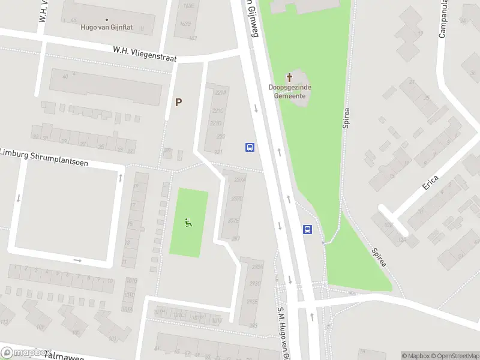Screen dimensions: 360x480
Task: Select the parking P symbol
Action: (x=178, y=103)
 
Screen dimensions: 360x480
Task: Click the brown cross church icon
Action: (x=289, y=77)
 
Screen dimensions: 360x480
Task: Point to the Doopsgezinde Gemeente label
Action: (x=289, y=91)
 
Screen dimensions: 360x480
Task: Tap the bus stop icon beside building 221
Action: (x=250, y=147)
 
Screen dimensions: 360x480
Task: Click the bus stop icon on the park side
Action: (x=308, y=229)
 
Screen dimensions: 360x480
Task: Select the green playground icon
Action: (x=189, y=223)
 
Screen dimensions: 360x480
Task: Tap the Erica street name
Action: (x=430, y=182)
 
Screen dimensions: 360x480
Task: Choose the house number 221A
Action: (x=221, y=92)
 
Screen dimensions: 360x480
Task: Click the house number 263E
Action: (x=253, y=301)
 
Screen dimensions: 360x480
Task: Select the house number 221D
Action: (x=215, y=124)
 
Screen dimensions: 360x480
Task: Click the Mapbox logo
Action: (x=25, y=353)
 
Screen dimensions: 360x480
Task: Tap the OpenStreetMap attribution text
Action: (x=454, y=356)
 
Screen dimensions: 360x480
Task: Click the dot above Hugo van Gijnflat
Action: (x=107, y=19)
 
